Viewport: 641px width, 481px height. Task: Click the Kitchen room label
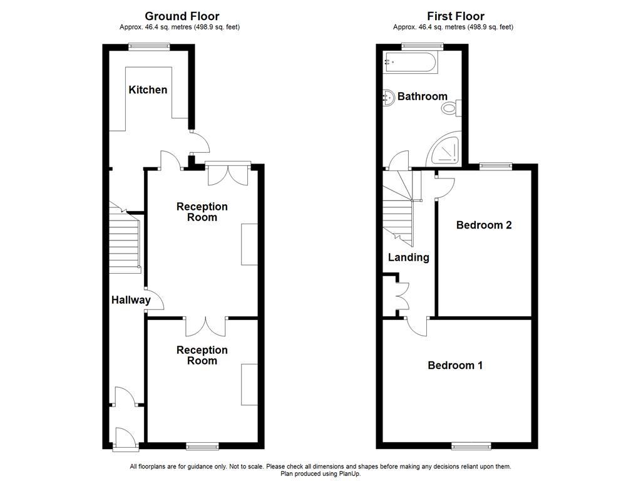tap(148, 90)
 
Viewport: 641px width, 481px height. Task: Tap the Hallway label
tap(131, 300)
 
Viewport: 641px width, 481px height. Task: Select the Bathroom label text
tap(423, 96)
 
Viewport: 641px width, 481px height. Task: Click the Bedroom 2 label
tap(484, 225)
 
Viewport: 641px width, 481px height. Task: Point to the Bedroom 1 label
tap(455, 365)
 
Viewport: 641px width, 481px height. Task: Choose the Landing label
tap(408, 257)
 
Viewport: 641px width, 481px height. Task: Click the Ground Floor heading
tap(182, 16)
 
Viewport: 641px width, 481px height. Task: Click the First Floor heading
tap(455, 16)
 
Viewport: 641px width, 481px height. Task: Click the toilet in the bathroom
tap(450, 109)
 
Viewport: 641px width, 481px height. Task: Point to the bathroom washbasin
tap(389, 97)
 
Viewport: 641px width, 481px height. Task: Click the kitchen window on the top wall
tap(149, 45)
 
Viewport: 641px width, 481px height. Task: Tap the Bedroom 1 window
tap(471, 446)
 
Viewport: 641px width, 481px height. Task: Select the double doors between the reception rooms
tap(205, 326)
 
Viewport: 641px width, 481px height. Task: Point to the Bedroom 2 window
tap(496, 166)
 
